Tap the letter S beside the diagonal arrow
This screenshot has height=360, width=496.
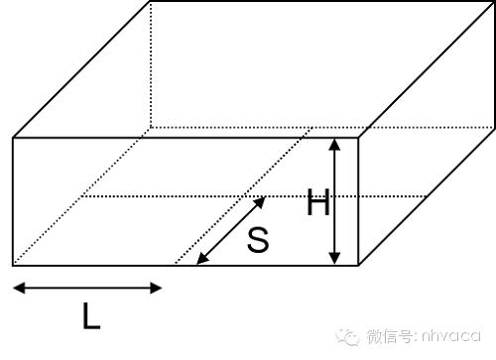point(257,240)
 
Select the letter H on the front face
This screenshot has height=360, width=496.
point(317,204)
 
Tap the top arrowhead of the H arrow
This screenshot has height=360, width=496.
point(336,143)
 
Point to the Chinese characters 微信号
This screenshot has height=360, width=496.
point(387,337)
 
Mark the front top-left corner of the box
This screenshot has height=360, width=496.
point(13,137)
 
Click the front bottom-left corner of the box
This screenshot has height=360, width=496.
point(13,265)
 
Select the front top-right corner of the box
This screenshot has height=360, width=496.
point(358,137)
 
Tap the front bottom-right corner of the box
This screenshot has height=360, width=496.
point(358,265)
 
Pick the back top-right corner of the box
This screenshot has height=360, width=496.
point(493,3)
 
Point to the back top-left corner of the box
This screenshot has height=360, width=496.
point(150,3)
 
